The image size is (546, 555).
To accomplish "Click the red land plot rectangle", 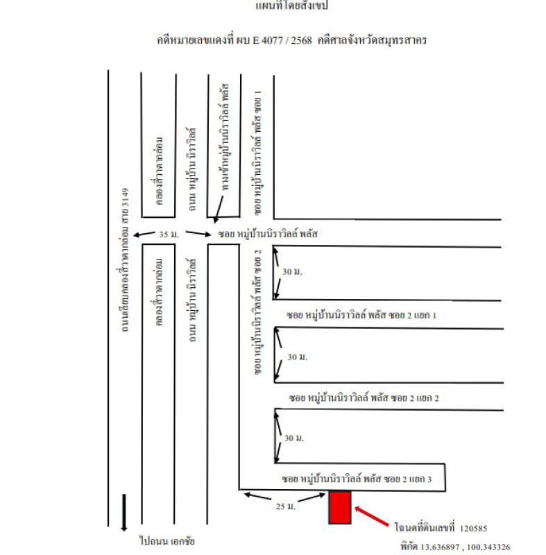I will (339, 508).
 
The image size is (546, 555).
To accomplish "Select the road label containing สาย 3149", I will (126, 257).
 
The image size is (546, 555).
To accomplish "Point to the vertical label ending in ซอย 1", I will (258, 149).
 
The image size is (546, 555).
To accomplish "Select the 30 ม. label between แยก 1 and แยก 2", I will (297, 357).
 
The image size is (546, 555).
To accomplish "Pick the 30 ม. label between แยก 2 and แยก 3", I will (294, 439).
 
